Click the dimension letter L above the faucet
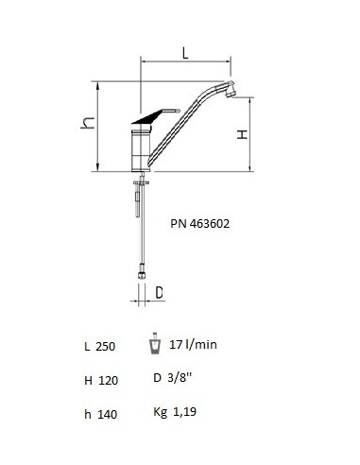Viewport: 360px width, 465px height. [x=185, y=53]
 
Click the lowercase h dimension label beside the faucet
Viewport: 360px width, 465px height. [x=88, y=123]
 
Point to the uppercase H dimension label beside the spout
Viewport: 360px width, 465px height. [x=242, y=135]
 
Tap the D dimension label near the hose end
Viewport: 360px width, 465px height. [x=160, y=293]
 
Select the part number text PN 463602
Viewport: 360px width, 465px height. [x=200, y=224]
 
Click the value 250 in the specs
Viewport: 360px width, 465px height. [x=105, y=347]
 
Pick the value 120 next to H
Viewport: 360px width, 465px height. [x=108, y=381]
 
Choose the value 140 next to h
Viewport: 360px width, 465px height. [x=107, y=414]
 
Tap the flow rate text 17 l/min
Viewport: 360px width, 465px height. [x=193, y=344]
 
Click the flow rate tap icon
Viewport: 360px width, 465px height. [x=155, y=344]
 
